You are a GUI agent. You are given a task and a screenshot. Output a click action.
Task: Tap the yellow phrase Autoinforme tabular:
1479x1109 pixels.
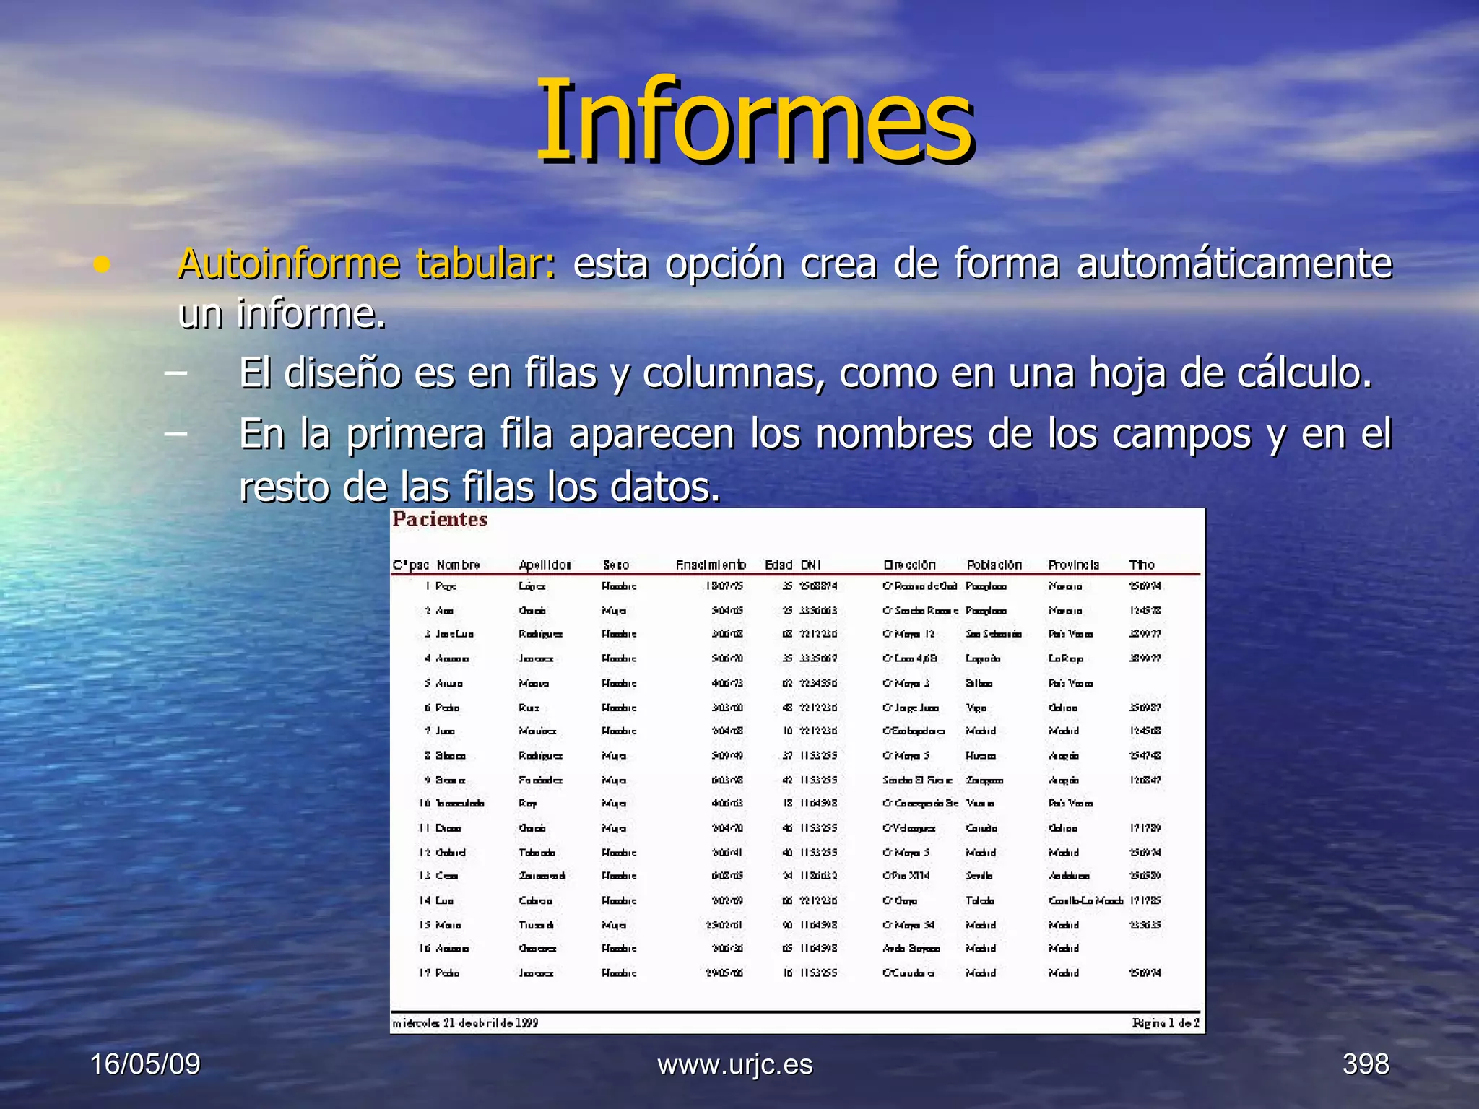[x=367, y=264]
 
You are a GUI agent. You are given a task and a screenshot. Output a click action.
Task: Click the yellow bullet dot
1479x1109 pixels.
[x=103, y=265]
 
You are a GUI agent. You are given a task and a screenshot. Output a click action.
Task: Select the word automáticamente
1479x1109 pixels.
[x=1233, y=264]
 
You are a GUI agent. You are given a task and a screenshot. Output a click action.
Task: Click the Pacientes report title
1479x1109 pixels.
[x=440, y=520]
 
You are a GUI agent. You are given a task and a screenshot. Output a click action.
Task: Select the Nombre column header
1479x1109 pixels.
[x=459, y=565]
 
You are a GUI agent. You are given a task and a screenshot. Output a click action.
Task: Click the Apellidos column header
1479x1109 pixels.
[x=545, y=565]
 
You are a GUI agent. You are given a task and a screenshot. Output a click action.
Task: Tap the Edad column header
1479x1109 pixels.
[x=778, y=565]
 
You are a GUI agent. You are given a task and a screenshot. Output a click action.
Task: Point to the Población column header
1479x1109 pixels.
[x=994, y=565]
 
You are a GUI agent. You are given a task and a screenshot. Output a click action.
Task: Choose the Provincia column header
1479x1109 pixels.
[x=1074, y=565]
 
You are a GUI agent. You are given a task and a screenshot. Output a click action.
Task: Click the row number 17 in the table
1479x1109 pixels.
[x=425, y=973]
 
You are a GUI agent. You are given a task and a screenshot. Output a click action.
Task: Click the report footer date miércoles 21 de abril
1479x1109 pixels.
[x=465, y=1023]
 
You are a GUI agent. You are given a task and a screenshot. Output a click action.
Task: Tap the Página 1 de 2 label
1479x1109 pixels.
[x=1166, y=1023]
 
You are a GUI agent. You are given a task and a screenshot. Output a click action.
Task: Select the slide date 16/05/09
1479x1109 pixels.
[x=145, y=1064]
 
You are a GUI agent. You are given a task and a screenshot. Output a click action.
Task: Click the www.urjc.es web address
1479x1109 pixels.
[x=735, y=1064]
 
